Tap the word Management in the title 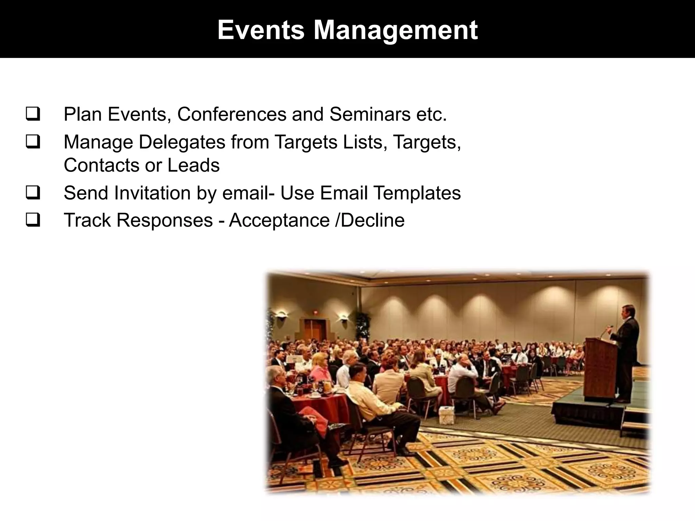pos(395,31)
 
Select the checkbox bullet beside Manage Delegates pos(33,142)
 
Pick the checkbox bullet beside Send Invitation pos(33,193)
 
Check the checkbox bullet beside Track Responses pos(33,220)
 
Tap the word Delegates pos(182,142)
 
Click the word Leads pos(193,165)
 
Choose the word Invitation pos(152,193)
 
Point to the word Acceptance pos(279,220)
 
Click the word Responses pos(165,220)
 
